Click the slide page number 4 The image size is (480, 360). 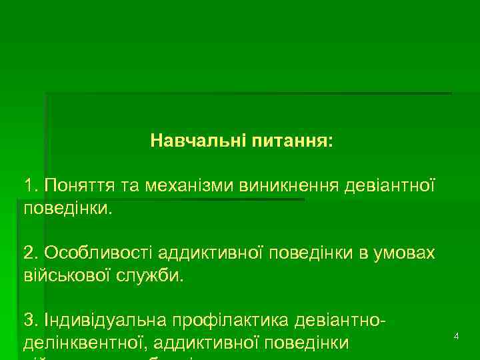point(456,337)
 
